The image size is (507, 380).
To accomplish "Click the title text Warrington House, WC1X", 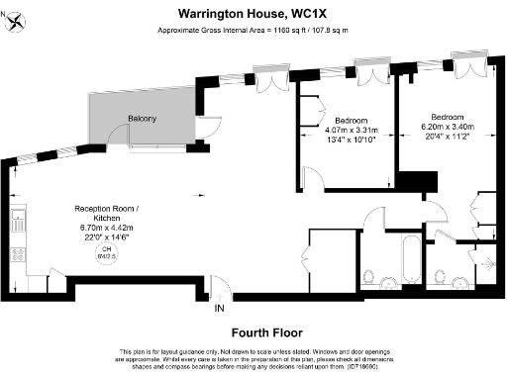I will [x=253, y=14].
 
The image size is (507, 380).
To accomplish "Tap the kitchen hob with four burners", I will [x=17, y=253].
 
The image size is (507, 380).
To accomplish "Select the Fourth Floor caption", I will [x=253, y=332].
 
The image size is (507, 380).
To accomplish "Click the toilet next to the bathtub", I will [x=368, y=274].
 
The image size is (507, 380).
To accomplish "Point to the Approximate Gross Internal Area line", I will [x=253, y=30].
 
